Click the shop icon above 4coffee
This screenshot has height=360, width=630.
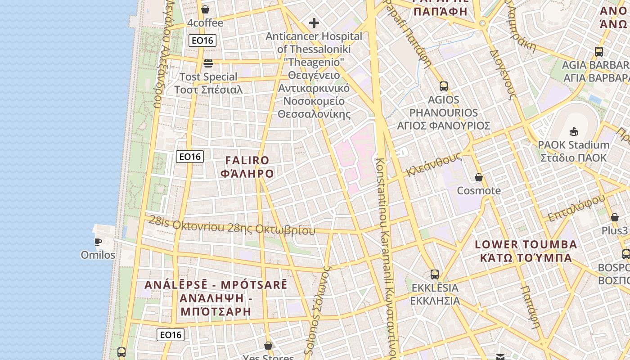pyautogui.click(x=205, y=9)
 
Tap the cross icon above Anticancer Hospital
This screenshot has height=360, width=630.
pyautogui.click(x=314, y=23)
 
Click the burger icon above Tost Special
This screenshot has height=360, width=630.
pyautogui.click(x=208, y=63)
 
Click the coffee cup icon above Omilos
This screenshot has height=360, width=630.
pyautogui.click(x=98, y=242)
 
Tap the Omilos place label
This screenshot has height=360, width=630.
pyautogui.click(x=98, y=255)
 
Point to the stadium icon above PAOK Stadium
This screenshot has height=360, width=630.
pyautogui.click(x=574, y=131)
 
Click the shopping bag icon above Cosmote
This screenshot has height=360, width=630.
pyautogui.click(x=479, y=177)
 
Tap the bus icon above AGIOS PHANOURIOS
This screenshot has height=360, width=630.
pyautogui.click(x=443, y=86)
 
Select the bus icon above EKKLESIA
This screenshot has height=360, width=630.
pyautogui.click(x=435, y=274)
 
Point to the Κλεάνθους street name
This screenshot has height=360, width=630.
pyautogui.click(x=434, y=164)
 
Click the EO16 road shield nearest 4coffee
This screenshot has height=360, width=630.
pyautogui.click(x=202, y=40)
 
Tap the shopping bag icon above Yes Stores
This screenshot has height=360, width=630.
pyautogui.click(x=268, y=346)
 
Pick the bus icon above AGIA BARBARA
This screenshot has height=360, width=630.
pyautogui.click(x=598, y=51)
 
